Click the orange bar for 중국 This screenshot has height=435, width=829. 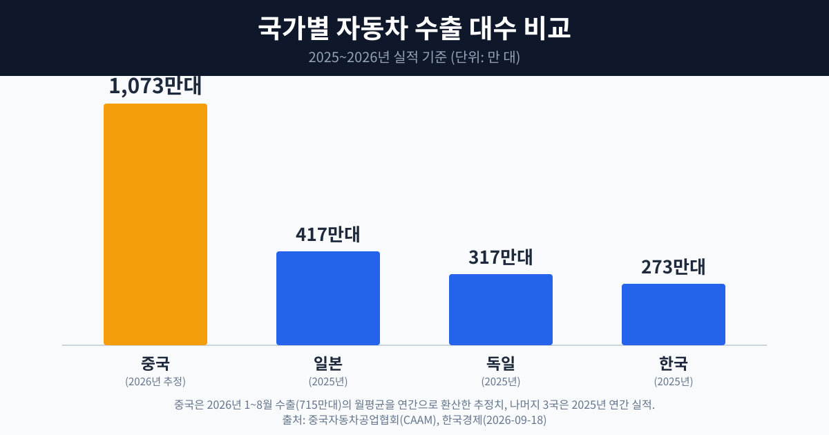tap(155, 224)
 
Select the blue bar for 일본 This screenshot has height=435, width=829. tap(328, 298)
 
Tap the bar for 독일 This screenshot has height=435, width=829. tap(501, 309)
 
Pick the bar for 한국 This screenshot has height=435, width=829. tap(674, 314)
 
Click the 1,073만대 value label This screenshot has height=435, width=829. tap(155, 86)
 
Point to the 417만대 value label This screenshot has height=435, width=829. tap(328, 234)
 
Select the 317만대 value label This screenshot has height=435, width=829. tap(501, 257)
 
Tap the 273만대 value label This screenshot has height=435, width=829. tap(674, 267)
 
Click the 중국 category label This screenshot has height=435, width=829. tap(155, 363)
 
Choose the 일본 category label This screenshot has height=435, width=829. tap(328, 363)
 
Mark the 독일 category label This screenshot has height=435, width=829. tap(501, 363)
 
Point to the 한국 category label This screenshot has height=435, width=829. tap(674, 363)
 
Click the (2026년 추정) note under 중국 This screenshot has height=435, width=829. tap(155, 381)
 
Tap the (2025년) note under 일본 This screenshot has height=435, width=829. tap(328, 381)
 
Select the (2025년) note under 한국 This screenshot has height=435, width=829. tap(674, 381)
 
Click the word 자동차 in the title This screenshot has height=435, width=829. tap(372, 28)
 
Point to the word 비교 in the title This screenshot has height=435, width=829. tap(547, 28)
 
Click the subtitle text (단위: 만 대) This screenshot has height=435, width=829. tap(485, 57)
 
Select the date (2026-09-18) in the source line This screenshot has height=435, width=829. tap(515, 420)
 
